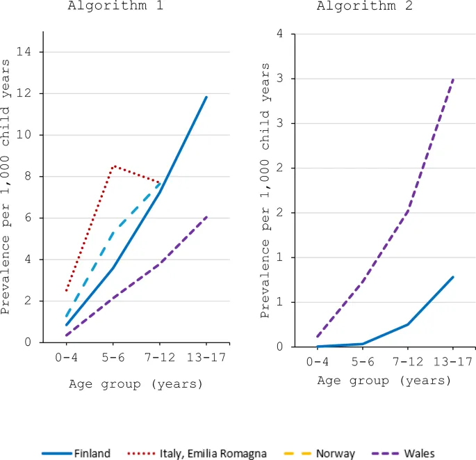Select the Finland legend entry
point(76,453)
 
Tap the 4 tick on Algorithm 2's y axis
point(278,34)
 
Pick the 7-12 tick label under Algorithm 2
point(408,362)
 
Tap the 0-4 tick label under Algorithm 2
point(318,362)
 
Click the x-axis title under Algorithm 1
point(136,383)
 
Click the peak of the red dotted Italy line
point(113,166)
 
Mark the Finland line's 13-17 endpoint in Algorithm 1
point(206,97)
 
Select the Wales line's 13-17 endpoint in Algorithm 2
point(453,79)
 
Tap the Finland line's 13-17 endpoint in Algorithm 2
point(453,276)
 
